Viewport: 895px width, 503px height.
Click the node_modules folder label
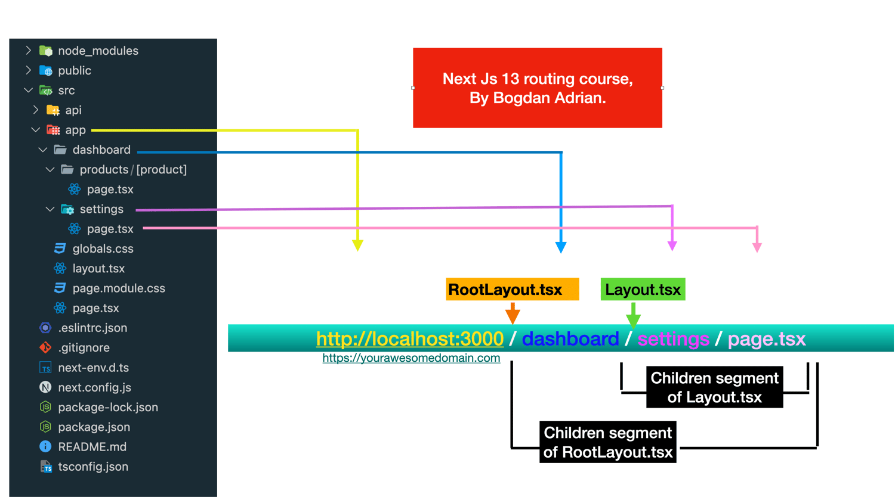pyautogui.click(x=98, y=51)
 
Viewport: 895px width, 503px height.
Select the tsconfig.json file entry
pyautogui.click(x=93, y=467)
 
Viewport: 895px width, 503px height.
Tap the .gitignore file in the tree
pyautogui.click(x=84, y=347)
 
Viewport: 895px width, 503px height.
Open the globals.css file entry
pyautogui.click(x=103, y=249)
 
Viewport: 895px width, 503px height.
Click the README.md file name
pyautogui.click(x=92, y=447)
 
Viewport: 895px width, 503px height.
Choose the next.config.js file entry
pyautogui.click(x=94, y=387)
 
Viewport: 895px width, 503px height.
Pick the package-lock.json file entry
pyautogui.click(x=108, y=407)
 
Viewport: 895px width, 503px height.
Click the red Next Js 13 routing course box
pyautogui.click(x=537, y=88)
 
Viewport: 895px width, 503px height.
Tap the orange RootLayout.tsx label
pyautogui.click(x=512, y=290)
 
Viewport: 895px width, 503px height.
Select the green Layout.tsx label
pyautogui.click(x=643, y=290)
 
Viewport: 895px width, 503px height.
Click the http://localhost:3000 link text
pyautogui.click(x=409, y=339)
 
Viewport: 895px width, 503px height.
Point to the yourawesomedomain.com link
pyautogui.click(x=411, y=358)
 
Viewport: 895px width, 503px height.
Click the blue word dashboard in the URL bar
pyautogui.click(x=570, y=339)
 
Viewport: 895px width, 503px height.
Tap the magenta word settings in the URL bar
pyautogui.click(x=673, y=339)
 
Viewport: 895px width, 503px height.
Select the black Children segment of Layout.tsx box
pyautogui.click(x=714, y=387)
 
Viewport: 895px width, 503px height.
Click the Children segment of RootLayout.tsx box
pyautogui.click(x=607, y=442)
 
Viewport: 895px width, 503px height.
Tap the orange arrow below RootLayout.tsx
pyautogui.click(x=513, y=313)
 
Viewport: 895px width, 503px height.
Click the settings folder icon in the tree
pyautogui.click(x=67, y=209)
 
